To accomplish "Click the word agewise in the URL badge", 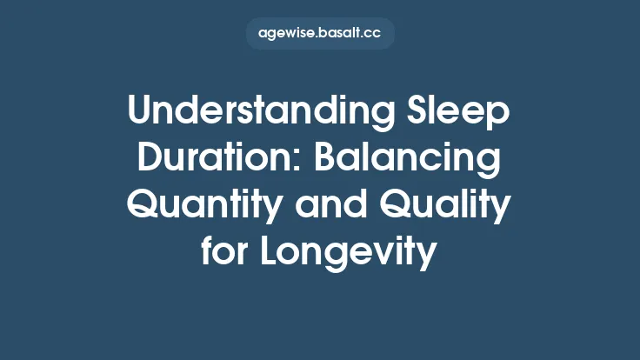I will click(x=287, y=34).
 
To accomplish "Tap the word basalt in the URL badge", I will click(x=342, y=34).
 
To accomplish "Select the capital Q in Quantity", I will click(x=143, y=205).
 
